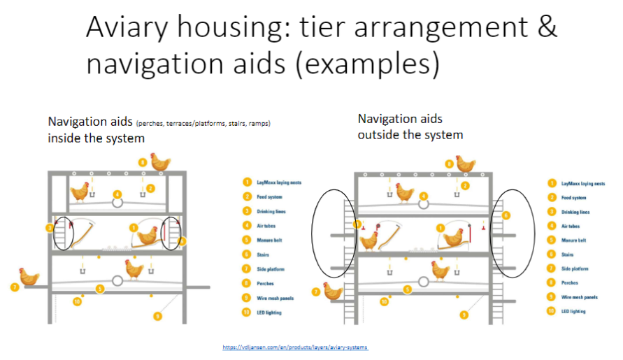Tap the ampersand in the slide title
point(546,28)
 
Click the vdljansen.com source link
point(295,347)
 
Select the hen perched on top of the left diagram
point(160,162)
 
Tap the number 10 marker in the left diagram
point(78,301)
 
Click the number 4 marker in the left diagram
point(117,194)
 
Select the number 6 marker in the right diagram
point(507,215)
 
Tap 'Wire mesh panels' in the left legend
point(273,298)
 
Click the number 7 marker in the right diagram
point(316,292)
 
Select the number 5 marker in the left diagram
point(100,289)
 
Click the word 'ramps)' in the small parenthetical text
point(259,124)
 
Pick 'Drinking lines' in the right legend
point(575,212)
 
